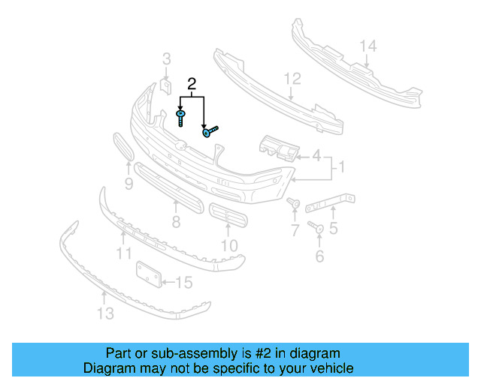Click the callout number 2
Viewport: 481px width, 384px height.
(x=192, y=84)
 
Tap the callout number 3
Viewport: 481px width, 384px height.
(x=167, y=58)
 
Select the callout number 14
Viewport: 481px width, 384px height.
(x=367, y=46)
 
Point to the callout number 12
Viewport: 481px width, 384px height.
(x=292, y=78)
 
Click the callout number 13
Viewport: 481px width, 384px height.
(x=106, y=313)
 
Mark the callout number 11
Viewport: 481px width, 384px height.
(x=123, y=254)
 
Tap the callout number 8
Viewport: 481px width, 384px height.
(x=176, y=221)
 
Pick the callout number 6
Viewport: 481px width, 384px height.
(x=319, y=256)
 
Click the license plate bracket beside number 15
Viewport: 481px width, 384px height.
(x=149, y=274)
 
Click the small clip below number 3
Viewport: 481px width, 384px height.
(x=165, y=92)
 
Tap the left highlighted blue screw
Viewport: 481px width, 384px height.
(x=181, y=117)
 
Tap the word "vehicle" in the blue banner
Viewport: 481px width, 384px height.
(x=328, y=368)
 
